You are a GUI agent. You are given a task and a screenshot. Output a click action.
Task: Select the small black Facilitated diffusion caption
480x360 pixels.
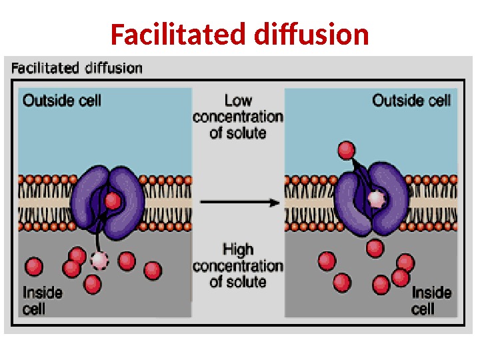pyautogui.click(x=77, y=68)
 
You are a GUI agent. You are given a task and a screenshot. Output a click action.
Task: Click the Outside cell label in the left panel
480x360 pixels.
pyautogui.click(x=62, y=101)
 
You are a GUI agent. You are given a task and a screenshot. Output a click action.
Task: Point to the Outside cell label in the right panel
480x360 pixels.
pyautogui.click(x=411, y=101)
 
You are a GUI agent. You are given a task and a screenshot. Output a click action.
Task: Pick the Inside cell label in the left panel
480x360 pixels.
pyautogui.click(x=42, y=300)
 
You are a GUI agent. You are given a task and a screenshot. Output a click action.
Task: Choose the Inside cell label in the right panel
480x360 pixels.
pyautogui.click(x=431, y=300)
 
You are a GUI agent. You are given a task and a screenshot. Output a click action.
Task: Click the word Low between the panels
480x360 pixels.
pyautogui.click(x=238, y=101)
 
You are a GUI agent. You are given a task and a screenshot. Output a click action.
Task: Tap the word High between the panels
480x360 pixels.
pyautogui.click(x=238, y=250)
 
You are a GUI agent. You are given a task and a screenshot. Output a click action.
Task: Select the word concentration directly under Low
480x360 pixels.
pyautogui.click(x=238, y=117)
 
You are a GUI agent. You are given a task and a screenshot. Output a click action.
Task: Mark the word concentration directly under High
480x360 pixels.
pyautogui.click(x=238, y=266)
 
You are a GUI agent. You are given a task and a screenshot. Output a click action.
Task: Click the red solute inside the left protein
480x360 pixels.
pyautogui.click(x=113, y=201)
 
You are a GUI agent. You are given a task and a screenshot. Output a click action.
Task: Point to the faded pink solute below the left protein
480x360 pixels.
pyautogui.click(x=100, y=260)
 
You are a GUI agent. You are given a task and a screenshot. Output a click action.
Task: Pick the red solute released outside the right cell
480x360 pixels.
pyautogui.click(x=346, y=150)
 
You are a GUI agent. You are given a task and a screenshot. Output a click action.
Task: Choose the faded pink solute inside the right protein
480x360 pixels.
pyautogui.click(x=376, y=198)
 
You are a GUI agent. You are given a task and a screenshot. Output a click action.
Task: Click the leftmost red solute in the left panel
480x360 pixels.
pyautogui.click(x=33, y=267)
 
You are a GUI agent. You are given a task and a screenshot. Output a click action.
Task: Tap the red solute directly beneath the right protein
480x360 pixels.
pyautogui.click(x=375, y=248)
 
